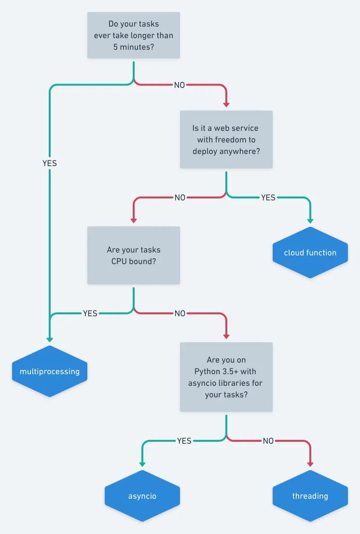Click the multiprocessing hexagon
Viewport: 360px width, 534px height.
click(50, 372)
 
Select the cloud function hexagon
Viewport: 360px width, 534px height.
click(310, 253)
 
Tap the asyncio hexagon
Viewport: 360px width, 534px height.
click(142, 496)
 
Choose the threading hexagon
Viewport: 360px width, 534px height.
click(310, 496)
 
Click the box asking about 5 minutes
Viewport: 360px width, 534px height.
click(134, 35)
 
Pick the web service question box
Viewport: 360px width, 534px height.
click(226, 140)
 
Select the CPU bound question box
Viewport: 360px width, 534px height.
click(134, 255)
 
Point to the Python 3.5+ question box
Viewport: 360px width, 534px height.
click(226, 377)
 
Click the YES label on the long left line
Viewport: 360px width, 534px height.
click(50, 163)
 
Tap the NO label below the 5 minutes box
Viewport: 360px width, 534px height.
click(180, 85)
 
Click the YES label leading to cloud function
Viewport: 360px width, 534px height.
click(268, 197)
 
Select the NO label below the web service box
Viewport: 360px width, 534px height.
click(180, 197)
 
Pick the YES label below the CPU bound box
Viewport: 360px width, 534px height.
click(90, 313)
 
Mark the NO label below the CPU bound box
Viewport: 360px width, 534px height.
click(180, 313)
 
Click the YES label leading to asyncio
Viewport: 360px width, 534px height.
click(184, 441)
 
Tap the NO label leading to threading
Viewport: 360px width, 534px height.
click(268, 441)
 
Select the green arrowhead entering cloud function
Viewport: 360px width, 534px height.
click(310, 220)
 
